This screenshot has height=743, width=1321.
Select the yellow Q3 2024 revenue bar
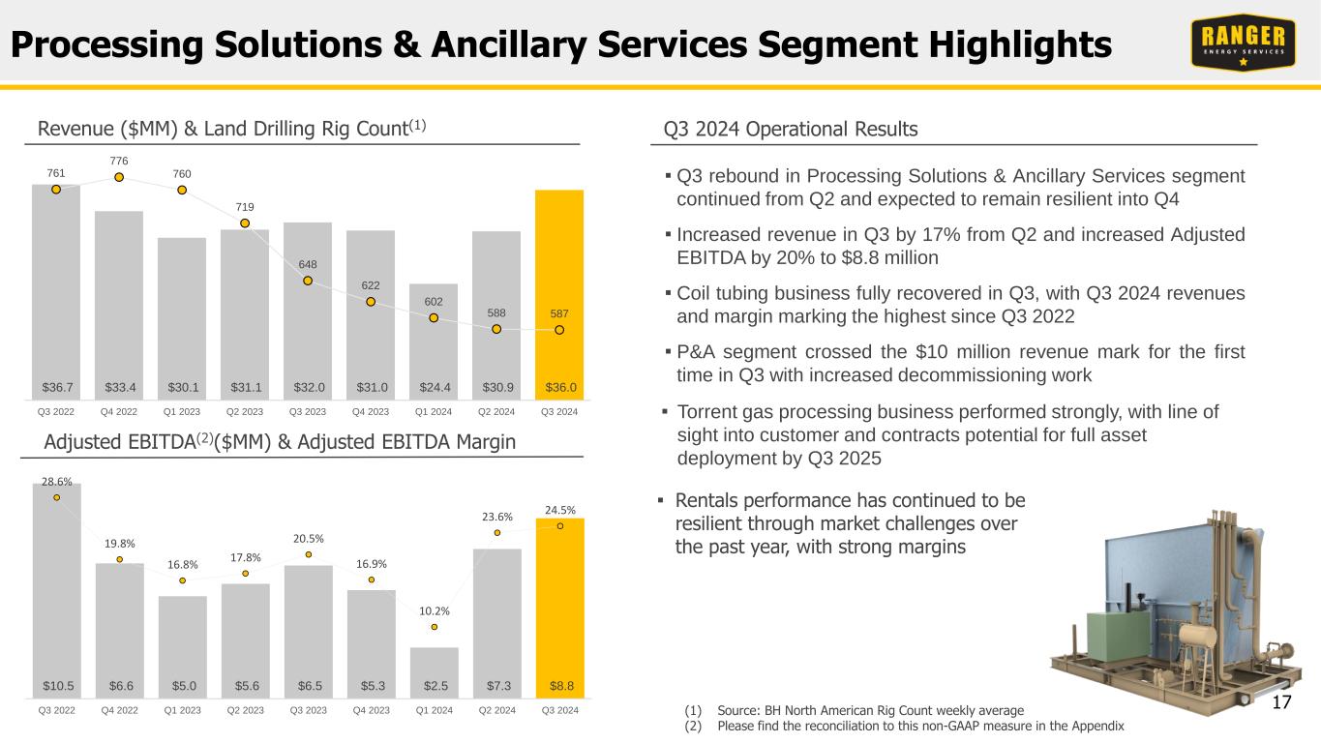click(x=559, y=290)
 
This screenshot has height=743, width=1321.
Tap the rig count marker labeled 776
click(x=118, y=177)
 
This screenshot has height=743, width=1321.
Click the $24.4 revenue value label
click(x=434, y=387)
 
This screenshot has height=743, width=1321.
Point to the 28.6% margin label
click(x=56, y=481)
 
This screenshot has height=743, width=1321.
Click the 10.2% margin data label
click(x=434, y=610)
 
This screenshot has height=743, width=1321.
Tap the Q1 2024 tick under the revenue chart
click(x=434, y=412)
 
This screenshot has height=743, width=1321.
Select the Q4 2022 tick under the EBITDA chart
click(x=119, y=711)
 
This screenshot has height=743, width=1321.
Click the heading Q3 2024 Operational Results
click(x=791, y=129)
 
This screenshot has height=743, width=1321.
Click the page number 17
click(x=1282, y=702)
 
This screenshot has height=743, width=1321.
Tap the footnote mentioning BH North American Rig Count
click(x=869, y=710)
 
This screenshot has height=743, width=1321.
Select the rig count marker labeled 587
click(x=559, y=330)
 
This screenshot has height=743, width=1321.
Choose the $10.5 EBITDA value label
click(x=56, y=686)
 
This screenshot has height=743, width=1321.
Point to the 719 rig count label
click(x=245, y=207)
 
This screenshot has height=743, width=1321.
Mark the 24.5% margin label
click(x=559, y=510)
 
